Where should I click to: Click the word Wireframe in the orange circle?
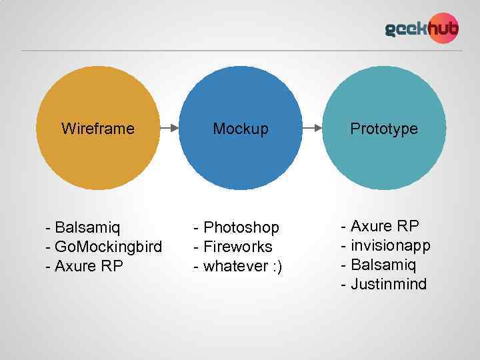[x=97, y=129]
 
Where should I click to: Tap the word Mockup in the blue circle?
[x=241, y=129]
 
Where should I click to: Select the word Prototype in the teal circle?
[x=384, y=129]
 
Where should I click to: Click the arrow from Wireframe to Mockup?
[x=169, y=128]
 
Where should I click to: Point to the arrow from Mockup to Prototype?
[x=312, y=128]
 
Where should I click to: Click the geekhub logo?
[x=421, y=29]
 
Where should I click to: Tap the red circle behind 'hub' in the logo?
[x=443, y=29]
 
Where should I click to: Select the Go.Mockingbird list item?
[x=107, y=247]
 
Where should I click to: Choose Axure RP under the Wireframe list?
[x=89, y=267]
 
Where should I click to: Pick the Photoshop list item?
[x=241, y=227]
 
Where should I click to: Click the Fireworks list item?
[x=237, y=247]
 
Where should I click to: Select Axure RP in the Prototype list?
[x=385, y=225]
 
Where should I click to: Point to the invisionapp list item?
[x=390, y=245]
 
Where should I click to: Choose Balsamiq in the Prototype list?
[x=383, y=265]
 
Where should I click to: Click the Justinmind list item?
[x=388, y=285]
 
